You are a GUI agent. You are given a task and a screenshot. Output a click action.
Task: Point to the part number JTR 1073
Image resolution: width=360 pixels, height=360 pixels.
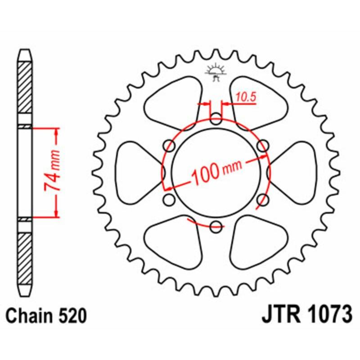click(306, 315)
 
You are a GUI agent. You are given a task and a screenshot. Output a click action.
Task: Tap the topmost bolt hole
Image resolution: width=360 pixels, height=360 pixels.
click(216, 120)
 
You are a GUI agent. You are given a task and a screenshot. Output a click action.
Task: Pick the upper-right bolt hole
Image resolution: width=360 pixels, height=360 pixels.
click(263, 146)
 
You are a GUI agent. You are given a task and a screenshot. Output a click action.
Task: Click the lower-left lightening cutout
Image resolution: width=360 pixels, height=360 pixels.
click(174, 243)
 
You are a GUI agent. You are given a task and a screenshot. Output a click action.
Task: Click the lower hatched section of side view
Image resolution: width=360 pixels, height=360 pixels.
click(25, 254)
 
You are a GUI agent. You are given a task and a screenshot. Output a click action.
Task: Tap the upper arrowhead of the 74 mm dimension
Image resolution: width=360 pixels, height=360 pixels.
click(56, 131)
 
